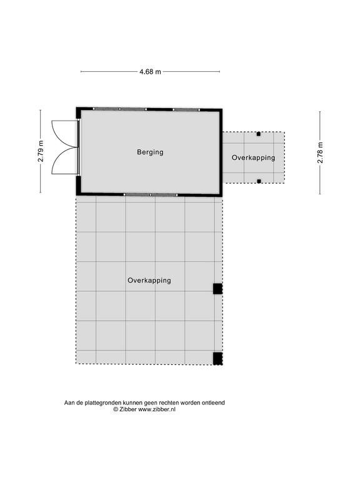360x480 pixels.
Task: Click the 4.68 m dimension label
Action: pos(150,72)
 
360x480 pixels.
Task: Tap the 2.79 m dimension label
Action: pos(41,151)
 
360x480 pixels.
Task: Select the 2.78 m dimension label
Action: pos(320,152)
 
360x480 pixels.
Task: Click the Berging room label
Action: pos(150,152)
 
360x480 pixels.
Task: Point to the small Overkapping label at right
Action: pos(253,157)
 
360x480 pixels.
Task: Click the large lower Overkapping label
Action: pos(149,281)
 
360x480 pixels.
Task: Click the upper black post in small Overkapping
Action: pos(259,134)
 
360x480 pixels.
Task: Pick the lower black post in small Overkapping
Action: pos(259,181)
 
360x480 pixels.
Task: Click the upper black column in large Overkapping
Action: pos(217,289)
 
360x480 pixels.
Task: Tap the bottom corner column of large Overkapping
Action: pos(217,359)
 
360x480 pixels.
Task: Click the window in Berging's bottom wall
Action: pos(150,195)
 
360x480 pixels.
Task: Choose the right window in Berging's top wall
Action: pos(186,109)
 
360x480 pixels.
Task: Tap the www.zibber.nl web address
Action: pos(157,409)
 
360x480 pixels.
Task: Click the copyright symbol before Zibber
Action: pos(116,409)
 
